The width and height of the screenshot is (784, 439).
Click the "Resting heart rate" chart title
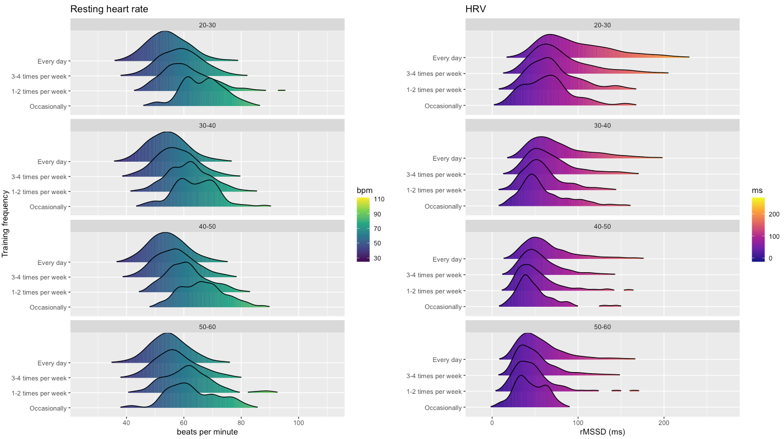109,9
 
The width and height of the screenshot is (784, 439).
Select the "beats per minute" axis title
207,432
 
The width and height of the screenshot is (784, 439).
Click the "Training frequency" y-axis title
6,223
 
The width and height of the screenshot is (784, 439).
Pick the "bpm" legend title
364,190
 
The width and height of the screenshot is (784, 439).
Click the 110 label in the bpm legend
379,199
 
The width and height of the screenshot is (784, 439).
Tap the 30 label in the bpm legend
377,258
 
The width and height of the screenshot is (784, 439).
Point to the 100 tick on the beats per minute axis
299,422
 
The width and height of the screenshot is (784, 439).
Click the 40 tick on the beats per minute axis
127,422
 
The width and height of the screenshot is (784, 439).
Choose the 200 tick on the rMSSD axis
664,422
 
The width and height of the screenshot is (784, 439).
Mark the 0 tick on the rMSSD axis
492,422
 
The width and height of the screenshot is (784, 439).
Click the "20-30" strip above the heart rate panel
207,25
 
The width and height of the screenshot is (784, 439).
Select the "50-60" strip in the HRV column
602,326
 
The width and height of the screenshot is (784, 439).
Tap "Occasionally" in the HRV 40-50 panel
443,307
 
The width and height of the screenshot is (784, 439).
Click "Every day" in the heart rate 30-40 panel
52,162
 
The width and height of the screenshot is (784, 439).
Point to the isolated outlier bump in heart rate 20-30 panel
282,90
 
